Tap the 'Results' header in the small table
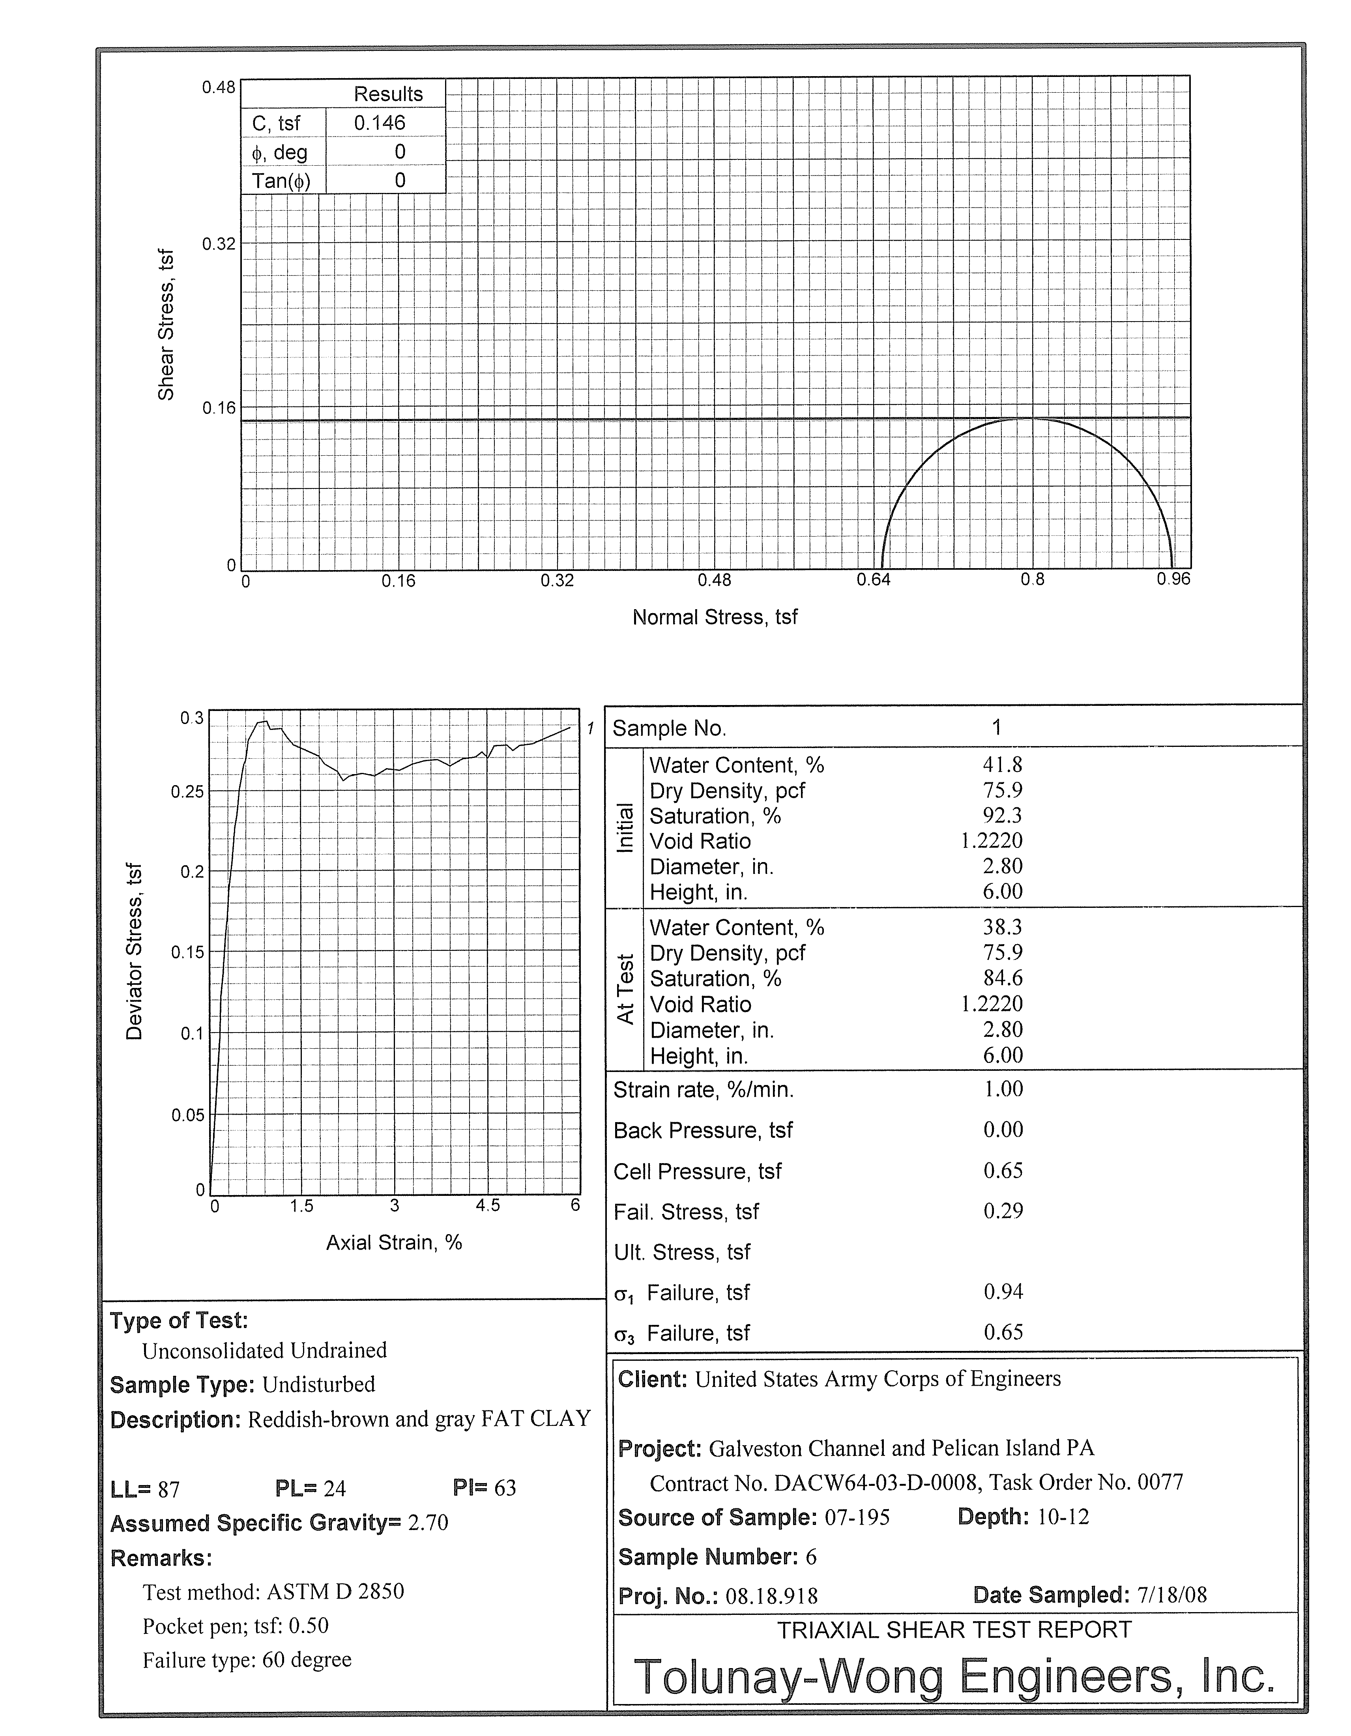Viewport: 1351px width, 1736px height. point(388,94)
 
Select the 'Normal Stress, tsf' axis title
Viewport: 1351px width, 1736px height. point(715,617)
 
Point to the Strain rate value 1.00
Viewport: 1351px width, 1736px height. point(1003,1089)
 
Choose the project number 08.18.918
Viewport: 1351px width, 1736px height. point(772,1596)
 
